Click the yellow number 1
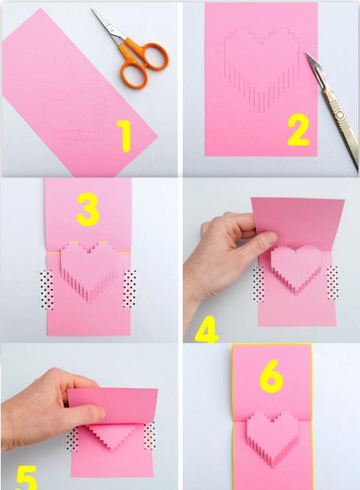coord(125,136)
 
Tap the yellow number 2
coord(299,131)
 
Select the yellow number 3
coord(88,209)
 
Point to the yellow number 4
coord(207,329)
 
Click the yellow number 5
coord(26,478)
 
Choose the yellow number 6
coord(271,376)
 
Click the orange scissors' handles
coord(143,63)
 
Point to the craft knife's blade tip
coord(306,52)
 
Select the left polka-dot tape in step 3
coord(47,290)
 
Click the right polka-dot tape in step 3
coord(129,288)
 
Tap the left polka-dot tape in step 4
coord(258,284)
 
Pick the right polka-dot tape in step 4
coord(332,283)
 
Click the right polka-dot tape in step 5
coord(149,435)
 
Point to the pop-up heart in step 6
coord(271,436)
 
